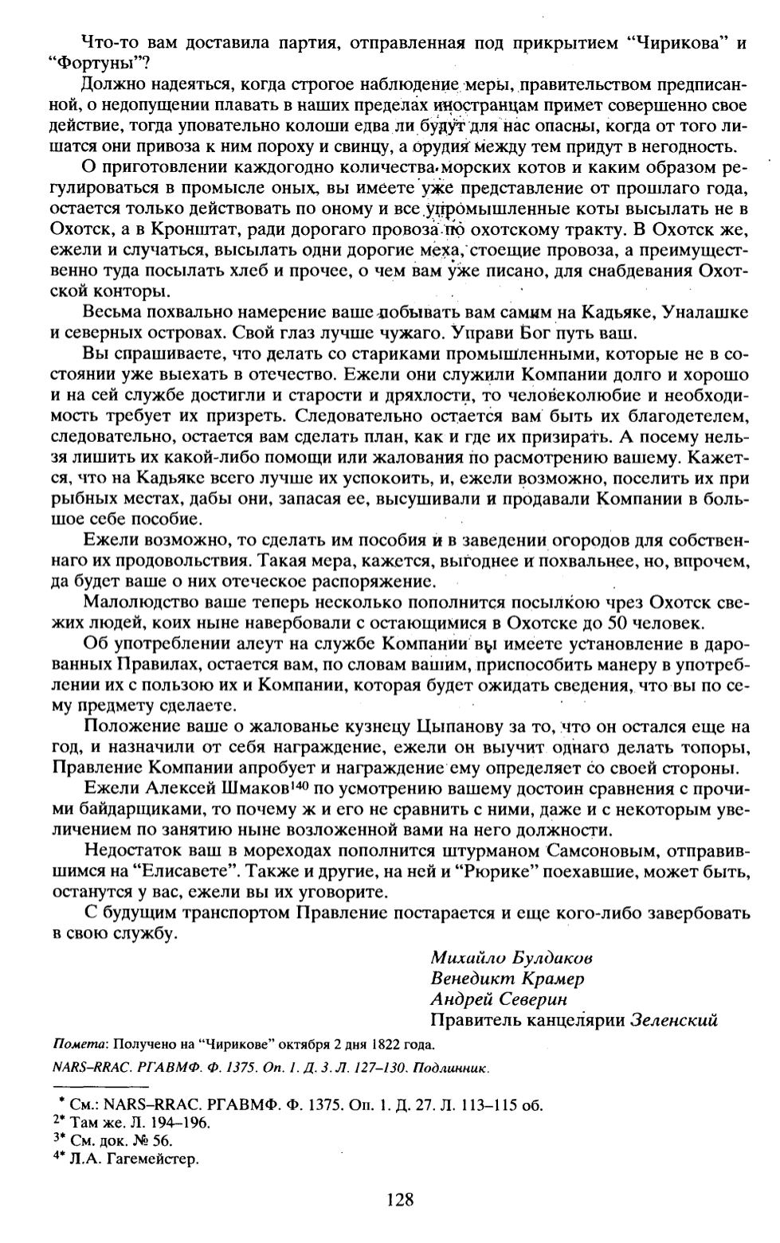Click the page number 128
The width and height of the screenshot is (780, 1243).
[399, 1199]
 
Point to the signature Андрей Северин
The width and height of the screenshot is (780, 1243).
[499, 999]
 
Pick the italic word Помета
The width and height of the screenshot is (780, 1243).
[79, 1044]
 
